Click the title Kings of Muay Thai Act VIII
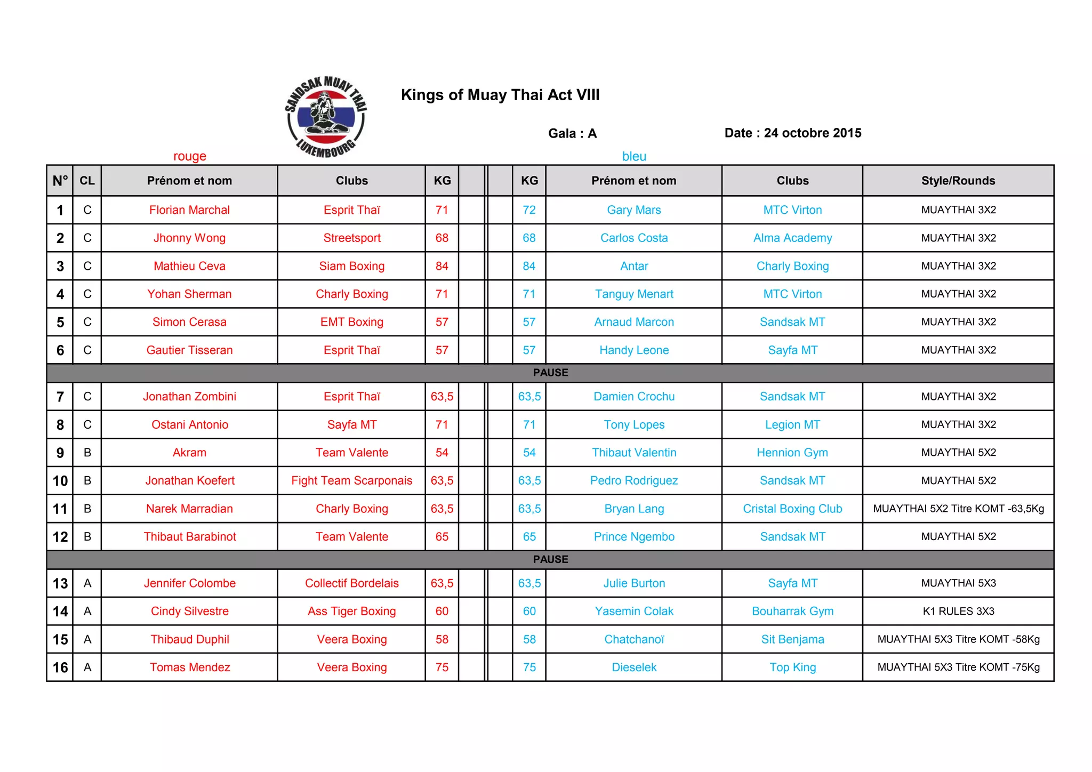[x=500, y=95]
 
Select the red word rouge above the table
[x=189, y=156]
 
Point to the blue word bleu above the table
[x=634, y=156]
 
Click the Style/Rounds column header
[x=958, y=181]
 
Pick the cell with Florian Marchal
[x=189, y=210]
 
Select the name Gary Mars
[x=633, y=210]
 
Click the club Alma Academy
[x=792, y=238]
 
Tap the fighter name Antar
[x=634, y=266]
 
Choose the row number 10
[x=60, y=481]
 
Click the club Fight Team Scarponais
[x=351, y=480]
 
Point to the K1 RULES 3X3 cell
[x=958, y=611]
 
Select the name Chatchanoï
[x=634, y=639]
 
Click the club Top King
[x=792, y=668]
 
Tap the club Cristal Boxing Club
[x=792, y=509]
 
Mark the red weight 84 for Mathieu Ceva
[x=441, y=266]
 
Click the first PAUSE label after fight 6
[x=550, y=373]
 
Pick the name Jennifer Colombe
[x=189, y=583]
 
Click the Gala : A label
[x=572, y=133]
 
